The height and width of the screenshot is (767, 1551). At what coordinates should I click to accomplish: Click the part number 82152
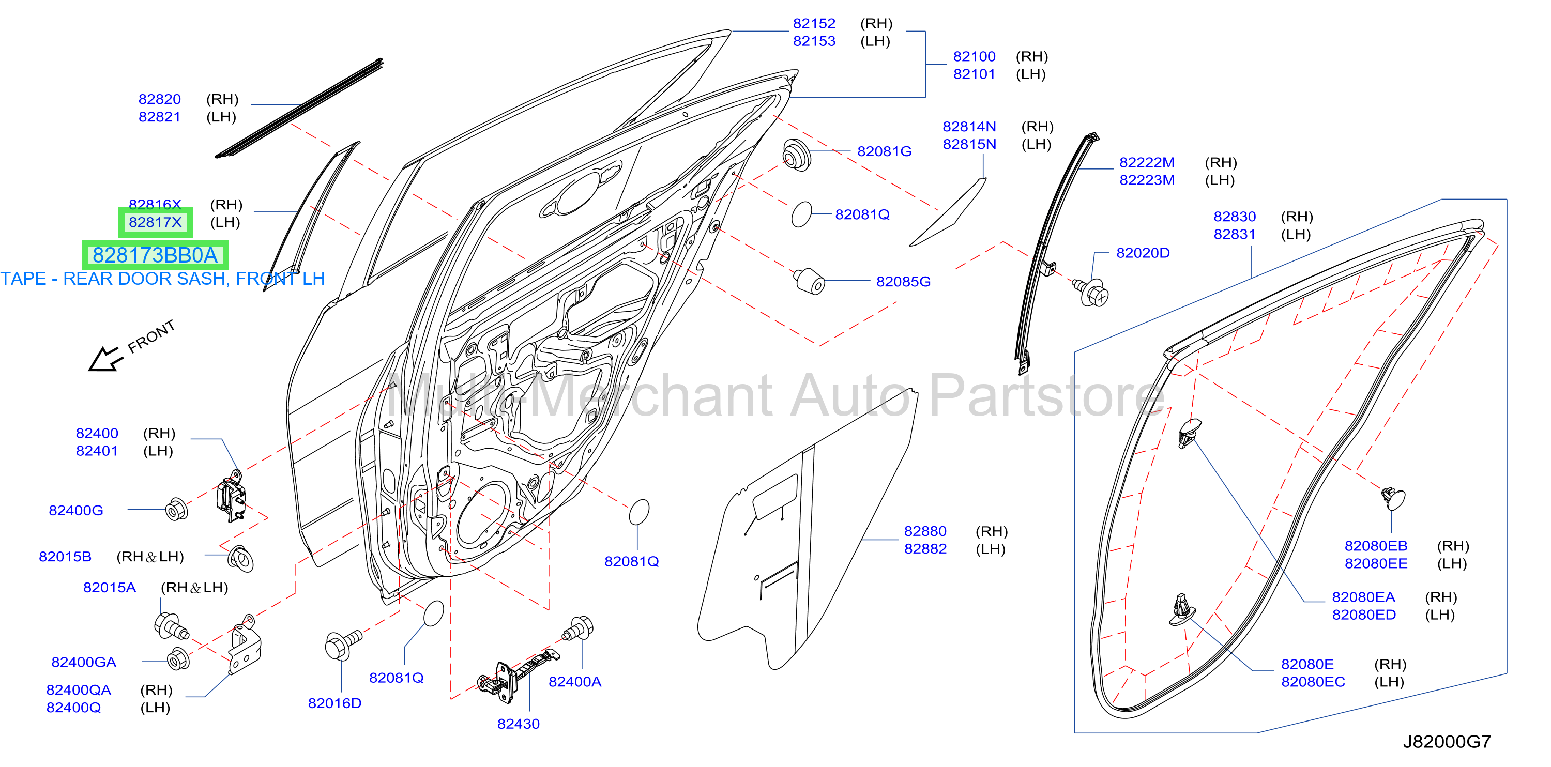tap(814, 23)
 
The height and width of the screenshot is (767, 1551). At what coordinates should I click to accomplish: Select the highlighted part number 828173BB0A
tap(155, 255)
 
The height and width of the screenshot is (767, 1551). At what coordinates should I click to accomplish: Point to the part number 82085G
tap(903, 281)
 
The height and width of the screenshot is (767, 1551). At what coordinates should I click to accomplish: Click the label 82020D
tap(1143, 253)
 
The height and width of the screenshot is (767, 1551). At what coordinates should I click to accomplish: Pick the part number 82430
tap(519, 724)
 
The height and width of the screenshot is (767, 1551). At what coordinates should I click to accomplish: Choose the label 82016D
tap(335, 703)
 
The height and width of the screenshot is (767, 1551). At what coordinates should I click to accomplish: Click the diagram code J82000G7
tap(1447, 742)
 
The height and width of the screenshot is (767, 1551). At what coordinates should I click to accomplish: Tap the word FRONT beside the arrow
tap(151, 336)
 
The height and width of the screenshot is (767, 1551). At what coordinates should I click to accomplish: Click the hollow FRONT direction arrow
tap(105, 359)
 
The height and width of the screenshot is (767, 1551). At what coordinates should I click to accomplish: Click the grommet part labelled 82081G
tap(797, 156)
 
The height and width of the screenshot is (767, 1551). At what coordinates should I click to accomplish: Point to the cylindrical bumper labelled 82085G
tap(809, 281)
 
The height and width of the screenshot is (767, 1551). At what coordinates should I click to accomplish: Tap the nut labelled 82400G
tap(176, 510)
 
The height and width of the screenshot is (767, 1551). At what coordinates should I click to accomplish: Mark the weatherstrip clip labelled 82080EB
tap(1393, 498)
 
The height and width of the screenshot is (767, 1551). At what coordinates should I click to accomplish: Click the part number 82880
tap(925, 531)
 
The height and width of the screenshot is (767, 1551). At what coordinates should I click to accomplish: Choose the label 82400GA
tap(84, 662)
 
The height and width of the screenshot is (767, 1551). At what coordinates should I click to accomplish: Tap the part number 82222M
tap(1146, 163)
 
